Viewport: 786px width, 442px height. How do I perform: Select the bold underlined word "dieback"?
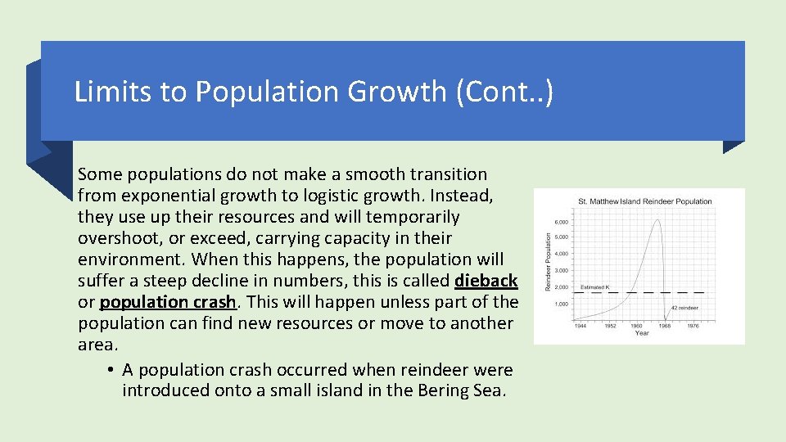coord(486,281)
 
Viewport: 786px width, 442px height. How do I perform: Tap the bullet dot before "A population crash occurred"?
coord(110,370)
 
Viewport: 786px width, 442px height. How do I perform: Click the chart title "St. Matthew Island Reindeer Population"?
coord(645,201)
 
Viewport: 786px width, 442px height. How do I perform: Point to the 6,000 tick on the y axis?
coord(562,223)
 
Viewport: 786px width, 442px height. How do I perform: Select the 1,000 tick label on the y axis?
coord(562,304)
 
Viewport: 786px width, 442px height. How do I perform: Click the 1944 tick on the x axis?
coord(580,326)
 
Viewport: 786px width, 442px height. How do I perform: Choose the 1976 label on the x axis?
coord(693,326)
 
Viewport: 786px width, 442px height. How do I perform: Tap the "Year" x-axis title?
coord(642,334)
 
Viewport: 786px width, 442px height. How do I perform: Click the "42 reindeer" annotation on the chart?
coord(686,308)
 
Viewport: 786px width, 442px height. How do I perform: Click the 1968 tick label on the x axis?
coord(664,326)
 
